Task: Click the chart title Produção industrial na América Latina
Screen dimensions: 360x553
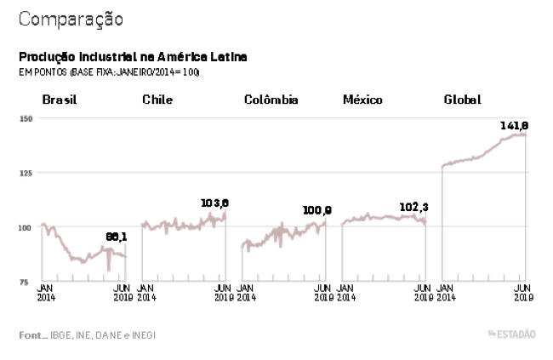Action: point(134,57)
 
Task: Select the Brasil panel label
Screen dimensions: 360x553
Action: point(60,100)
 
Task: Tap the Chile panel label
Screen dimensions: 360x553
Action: point(157,100)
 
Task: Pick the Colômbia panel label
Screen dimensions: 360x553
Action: point(271,100)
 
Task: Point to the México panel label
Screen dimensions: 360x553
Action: point(362,100)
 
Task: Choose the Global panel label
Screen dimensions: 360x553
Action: point(462,100)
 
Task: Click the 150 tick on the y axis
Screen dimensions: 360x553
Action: point(26,118)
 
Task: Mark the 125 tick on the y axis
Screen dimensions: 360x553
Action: point(26,173)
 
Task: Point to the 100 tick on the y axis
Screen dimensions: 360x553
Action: point(26,227)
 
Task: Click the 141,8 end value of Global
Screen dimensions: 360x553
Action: point(515,126)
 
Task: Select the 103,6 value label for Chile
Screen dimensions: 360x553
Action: point(214,203)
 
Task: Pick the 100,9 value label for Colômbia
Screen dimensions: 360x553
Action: point(316,210)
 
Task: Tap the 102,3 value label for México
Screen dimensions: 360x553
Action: point(414,206)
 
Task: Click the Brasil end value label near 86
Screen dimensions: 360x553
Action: point(116,238)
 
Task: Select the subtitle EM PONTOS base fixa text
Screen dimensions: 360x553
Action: point(109,72)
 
